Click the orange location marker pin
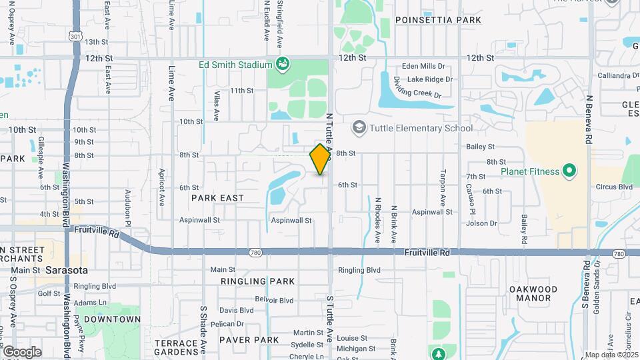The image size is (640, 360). (321, 159)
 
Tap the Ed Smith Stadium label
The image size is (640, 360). (236, 65)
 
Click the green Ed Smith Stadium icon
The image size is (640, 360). (283, 65)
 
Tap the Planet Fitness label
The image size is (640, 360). (531, 172)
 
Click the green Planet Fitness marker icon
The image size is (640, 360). (569, 172)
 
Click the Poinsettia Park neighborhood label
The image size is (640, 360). (438, 20)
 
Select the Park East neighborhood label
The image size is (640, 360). (217, 198)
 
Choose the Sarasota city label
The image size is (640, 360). (67, 271)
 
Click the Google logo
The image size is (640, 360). (22, 352)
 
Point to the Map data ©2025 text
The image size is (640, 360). (611, 355)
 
